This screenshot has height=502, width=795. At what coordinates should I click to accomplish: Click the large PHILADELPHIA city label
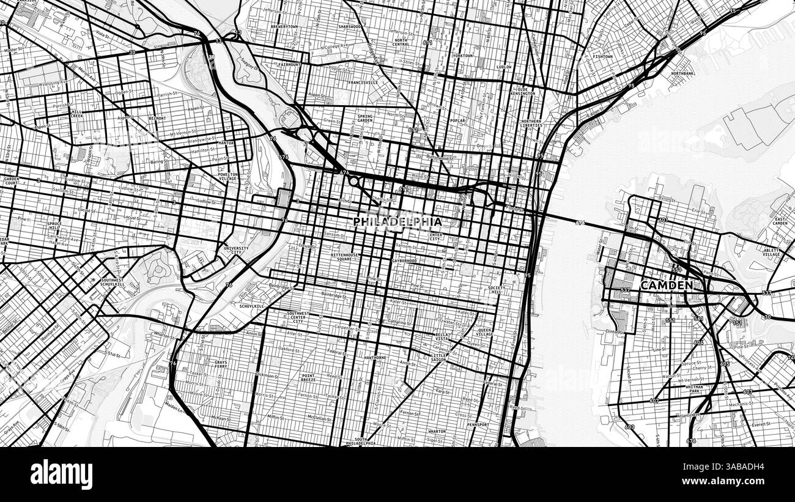coord(398,221)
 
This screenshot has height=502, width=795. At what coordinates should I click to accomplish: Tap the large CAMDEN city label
coord(667,285)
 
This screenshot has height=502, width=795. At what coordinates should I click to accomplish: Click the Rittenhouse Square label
coord(347,256)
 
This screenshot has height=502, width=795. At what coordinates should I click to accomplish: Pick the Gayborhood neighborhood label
coord(404,261)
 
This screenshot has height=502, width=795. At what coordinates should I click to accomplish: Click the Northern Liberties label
coord(531,124)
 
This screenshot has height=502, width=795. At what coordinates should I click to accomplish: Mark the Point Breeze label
coord(308,378)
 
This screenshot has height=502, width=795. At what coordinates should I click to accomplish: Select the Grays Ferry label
coord(221,365)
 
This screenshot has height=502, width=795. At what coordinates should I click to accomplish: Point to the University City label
coord(236,251)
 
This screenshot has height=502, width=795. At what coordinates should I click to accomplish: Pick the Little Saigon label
coord(439,358)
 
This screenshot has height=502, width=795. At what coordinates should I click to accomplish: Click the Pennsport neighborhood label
coord(478,424)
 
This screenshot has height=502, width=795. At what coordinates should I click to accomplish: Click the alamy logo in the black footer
coord(61,474)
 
